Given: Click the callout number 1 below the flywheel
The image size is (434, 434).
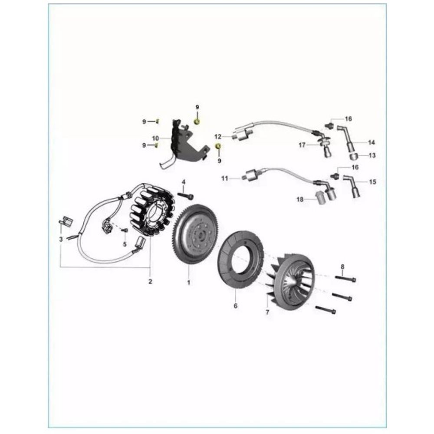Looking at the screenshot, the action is coord(189,283).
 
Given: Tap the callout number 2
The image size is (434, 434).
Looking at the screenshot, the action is coord(150,282).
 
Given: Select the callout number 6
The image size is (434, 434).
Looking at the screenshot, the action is coord(236,306).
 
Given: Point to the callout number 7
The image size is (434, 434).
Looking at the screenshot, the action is coord(267,312).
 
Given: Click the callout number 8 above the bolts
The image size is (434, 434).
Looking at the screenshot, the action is coord(343,267).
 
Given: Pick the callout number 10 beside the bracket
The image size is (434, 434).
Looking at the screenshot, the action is coord(155,138).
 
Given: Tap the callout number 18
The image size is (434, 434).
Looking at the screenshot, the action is coord(300,199).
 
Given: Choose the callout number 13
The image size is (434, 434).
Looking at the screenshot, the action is coord(372,155).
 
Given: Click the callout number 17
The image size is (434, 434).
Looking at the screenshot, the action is coord(302,145).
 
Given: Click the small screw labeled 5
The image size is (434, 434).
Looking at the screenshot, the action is coord(125,230).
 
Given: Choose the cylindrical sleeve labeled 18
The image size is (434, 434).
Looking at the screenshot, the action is coord(320,197).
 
